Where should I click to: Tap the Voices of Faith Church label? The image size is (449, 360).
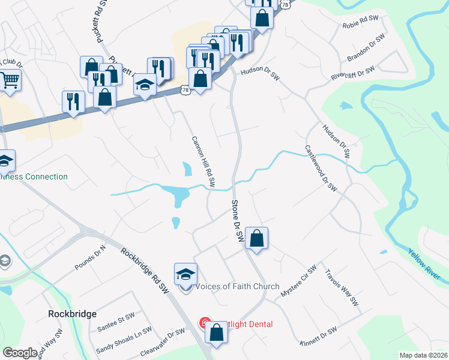pyautogui.click(x=238, y=286)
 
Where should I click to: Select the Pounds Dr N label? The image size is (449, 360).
pyautogui.click(x=90, y=257)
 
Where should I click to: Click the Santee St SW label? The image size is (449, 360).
pyautogui.click(x=116, y=322)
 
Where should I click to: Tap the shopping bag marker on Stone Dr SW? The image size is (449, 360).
pyautogui.click(x=256, y=238)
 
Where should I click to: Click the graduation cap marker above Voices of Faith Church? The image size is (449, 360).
pyautogui.click(x=186, y=274)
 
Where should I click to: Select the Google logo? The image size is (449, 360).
pyautogui.click(x=20, y=353)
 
